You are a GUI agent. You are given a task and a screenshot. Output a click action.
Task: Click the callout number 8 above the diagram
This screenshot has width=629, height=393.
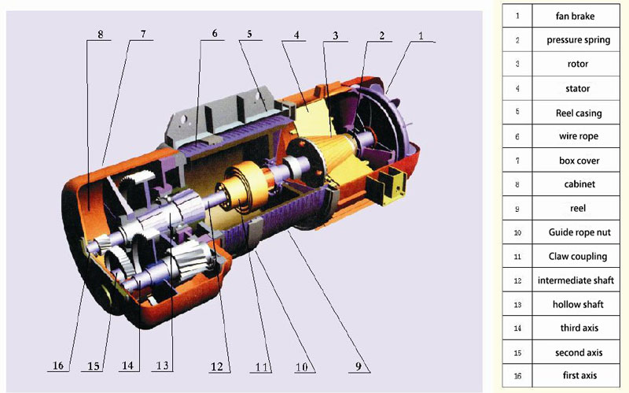[101, 34]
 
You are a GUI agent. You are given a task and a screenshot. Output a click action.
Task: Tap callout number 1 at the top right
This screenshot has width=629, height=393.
[421, 35]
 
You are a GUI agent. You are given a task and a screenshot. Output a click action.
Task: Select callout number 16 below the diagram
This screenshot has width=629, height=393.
[58, 365]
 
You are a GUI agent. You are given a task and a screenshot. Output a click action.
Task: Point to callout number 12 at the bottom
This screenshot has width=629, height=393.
[217, 366]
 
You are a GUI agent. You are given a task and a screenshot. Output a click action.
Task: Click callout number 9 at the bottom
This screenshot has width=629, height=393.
[359, 366]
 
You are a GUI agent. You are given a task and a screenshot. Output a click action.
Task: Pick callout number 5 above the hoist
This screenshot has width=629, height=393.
[249, 34]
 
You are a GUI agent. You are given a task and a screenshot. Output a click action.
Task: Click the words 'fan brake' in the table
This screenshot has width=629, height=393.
[575, 16]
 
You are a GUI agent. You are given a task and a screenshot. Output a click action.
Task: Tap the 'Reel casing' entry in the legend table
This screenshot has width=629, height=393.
[579, 113]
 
